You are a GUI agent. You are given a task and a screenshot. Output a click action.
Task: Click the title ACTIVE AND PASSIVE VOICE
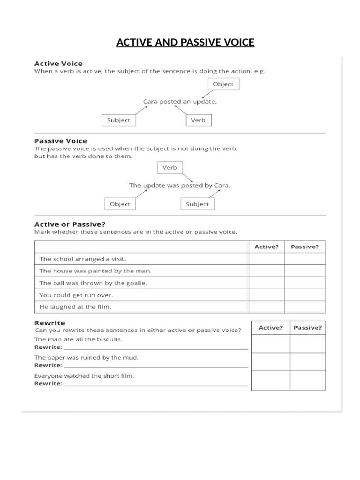pos(185,43)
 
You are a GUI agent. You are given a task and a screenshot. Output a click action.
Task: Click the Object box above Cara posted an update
pos(223,84)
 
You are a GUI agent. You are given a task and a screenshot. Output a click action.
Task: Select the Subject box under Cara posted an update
pos(118,120)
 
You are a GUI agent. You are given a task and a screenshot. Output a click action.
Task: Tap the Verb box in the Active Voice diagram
pos(198,120)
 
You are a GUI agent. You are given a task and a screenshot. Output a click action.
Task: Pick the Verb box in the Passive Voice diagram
pos(169,168)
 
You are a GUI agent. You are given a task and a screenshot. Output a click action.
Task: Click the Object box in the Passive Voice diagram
pos(120,204)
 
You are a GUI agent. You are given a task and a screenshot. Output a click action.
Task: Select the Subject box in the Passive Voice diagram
pos(197,204)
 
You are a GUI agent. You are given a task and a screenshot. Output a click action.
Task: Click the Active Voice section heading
pos(59,63)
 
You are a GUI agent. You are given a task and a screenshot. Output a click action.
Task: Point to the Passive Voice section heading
pos(61,141)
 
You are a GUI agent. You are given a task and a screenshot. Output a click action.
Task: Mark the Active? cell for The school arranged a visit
pos(266,259)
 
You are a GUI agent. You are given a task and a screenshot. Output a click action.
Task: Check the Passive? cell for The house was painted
pos(305,271)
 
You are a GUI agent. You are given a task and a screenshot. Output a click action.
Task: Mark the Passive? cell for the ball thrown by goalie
pos(305,283)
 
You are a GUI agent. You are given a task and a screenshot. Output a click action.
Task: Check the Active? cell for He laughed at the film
pos(266,307)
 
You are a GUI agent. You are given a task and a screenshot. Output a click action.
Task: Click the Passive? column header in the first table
pos(305,247)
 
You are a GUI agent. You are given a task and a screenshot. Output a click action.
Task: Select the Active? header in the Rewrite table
pos(270,328)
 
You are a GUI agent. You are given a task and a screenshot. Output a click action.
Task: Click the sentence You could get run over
pos(76,295)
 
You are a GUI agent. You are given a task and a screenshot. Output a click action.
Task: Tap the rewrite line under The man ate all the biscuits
pos(156,348)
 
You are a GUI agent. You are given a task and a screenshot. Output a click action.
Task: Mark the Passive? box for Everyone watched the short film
pos(307,380)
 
